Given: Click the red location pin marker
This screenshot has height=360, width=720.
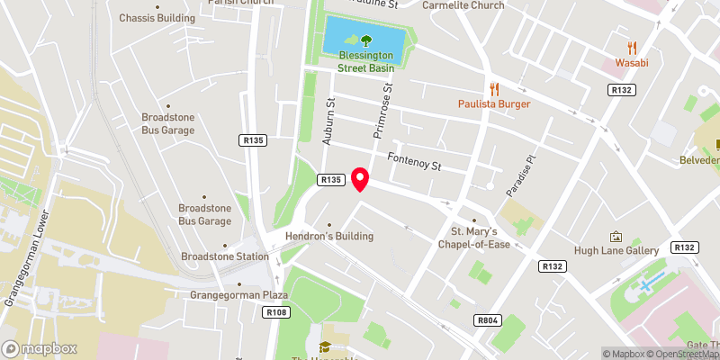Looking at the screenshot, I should tap(361, 179).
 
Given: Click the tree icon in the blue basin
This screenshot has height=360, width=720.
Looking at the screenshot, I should tap(366, 40).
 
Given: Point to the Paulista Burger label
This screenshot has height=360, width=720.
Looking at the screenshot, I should tap(492, 104).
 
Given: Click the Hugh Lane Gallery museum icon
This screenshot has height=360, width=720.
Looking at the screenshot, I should tap(616, 237).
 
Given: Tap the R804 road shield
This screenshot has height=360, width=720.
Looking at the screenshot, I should tap(487, 320).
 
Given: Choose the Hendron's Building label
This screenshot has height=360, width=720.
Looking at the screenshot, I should tap(328, 237).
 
